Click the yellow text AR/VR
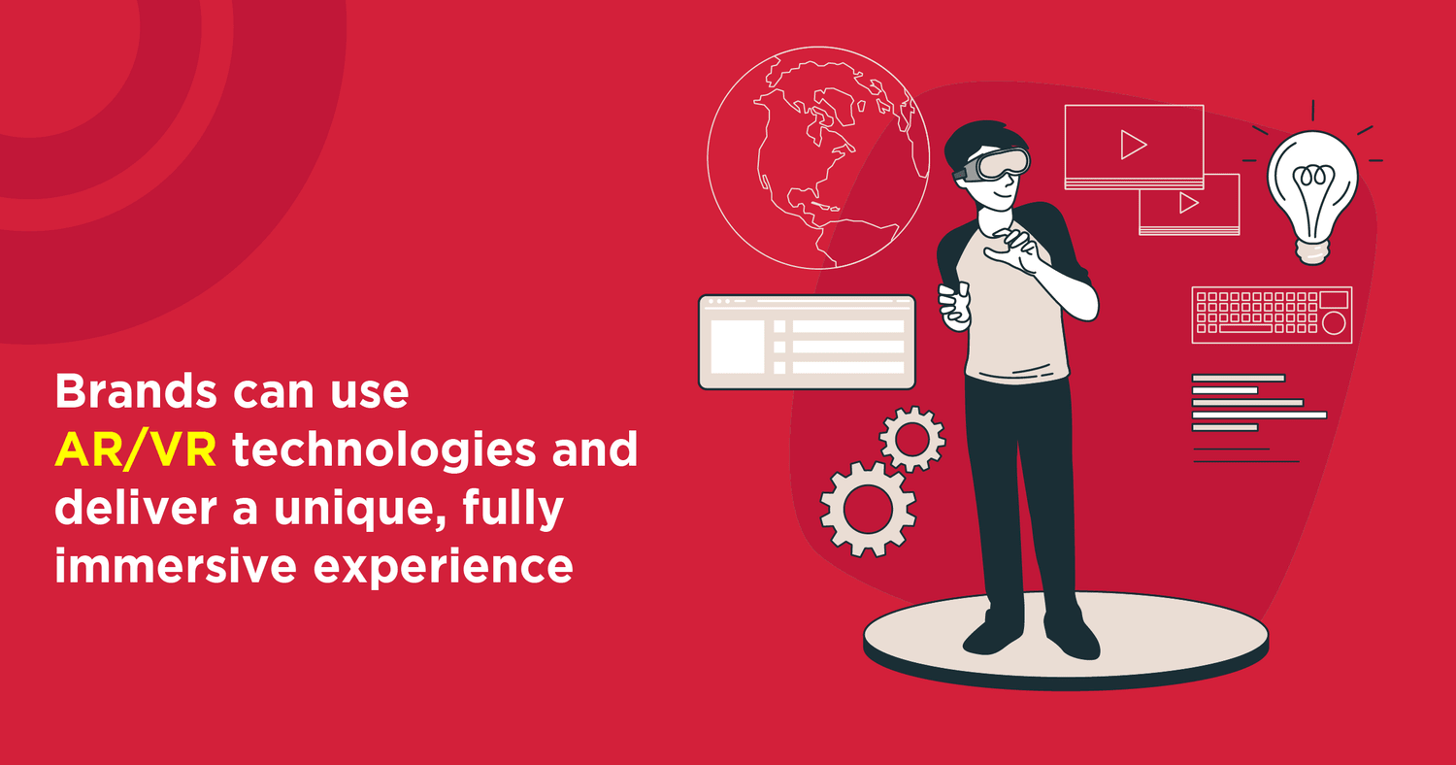pos(136,449)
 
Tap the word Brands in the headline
pos(136,391)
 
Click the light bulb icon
pos(1312,196)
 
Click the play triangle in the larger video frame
pos(1133,145)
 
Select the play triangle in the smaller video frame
pos(1188,203)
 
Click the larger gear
pos(868,509)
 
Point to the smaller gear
pos(912,439)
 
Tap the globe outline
pos(817,158)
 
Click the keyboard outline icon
pos(1272,315)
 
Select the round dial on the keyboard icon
pos(1333,323)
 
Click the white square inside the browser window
pos(737,347)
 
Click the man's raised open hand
pos(1015,251)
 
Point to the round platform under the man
pos(1066,640)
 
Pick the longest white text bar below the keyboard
pos(1259,415)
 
